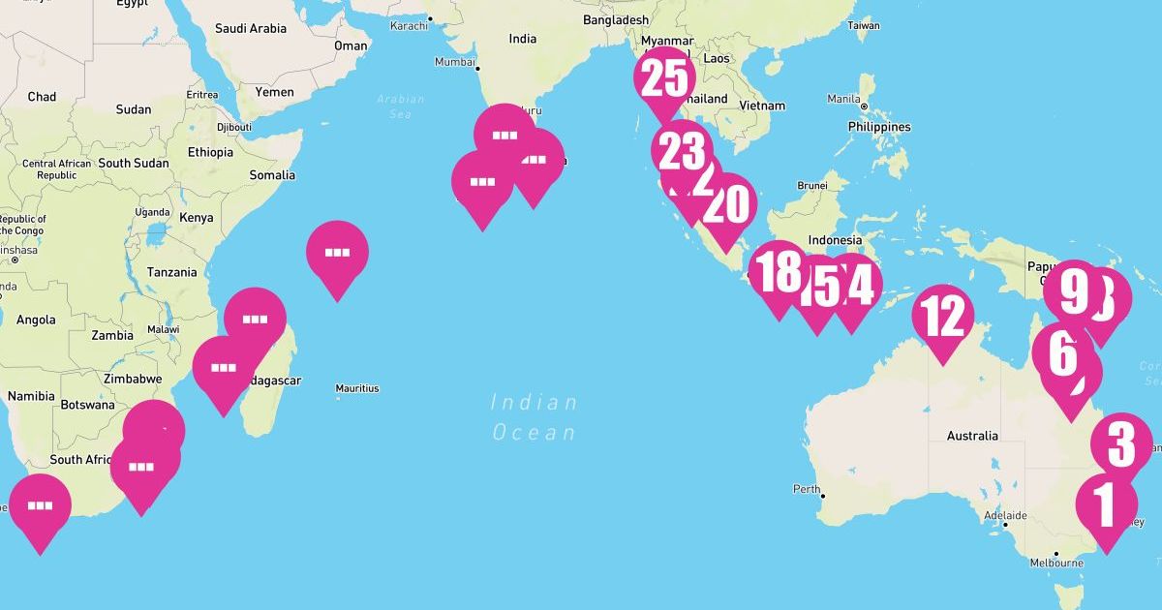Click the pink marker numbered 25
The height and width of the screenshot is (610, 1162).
pyautogui.click(x=664, y=79)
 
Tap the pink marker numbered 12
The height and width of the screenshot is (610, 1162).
pyautogui.click(x=943, y=316)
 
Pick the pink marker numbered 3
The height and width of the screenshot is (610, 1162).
pyautogui.click(x=1120, y=443)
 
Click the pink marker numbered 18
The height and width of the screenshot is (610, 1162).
pyautogui.click(x=779, y=272)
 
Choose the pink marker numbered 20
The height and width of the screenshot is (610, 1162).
pyautogui.click(x=726, y=204)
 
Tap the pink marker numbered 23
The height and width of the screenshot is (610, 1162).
pyautogui.click(x=681, y=151)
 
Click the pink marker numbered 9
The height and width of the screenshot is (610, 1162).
pyautogui.click(x=1072, y=290)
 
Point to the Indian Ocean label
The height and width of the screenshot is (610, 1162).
pyautogui.click(x=534, y=417)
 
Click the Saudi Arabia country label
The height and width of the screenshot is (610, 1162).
pyautogui.click(x=251, y=28)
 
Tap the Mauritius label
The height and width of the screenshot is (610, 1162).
pyautogui.click(x=357, y=388)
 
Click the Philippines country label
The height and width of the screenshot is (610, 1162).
pyautogui.click(x=879, y=127)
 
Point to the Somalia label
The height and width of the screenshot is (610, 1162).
pyautogui.click(x=272, y=175)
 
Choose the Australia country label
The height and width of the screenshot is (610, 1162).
pyautogui.click(x=972, y=436)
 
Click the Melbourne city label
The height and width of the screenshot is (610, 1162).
pyautogui.click(x=1056, y=563)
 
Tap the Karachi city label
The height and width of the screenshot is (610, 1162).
pyautogui.click(x=409, y=25)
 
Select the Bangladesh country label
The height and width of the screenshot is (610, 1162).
pyautogui.click(x=616, y=19)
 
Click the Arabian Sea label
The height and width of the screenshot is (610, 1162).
pyautogui.click(x=400, y=107)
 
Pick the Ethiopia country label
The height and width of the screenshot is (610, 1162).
pyautogui.click(x=210, y=152)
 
